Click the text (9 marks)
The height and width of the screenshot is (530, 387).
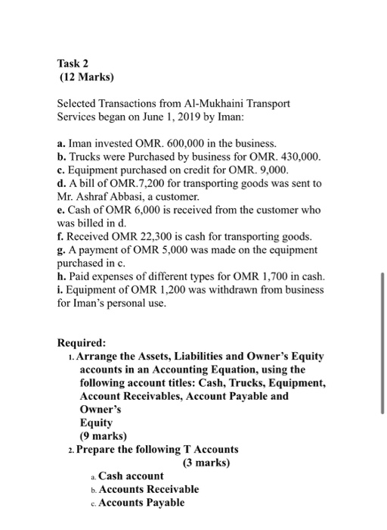pyautogui.click(x=104, y=436)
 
